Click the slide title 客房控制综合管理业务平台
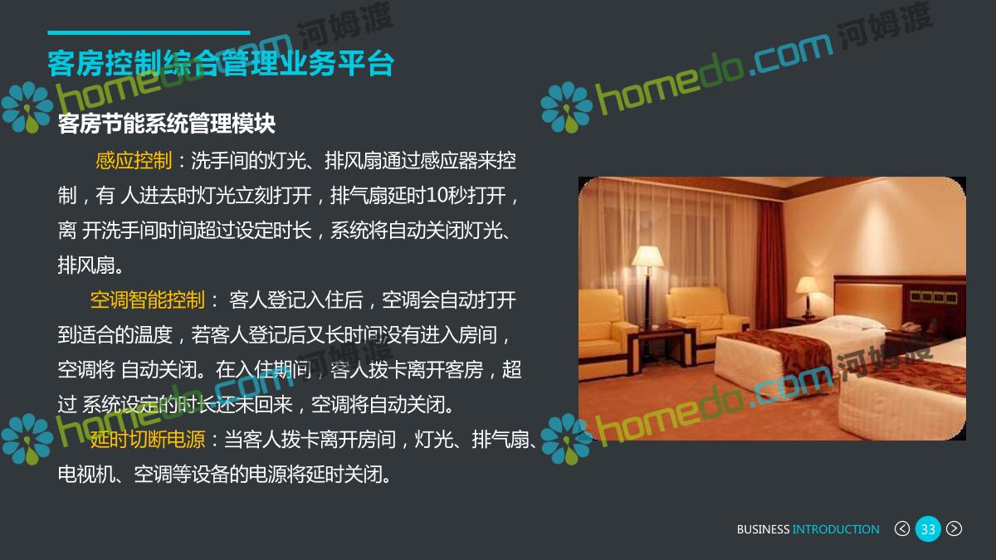[221, 64]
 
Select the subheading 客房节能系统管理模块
[167, 124]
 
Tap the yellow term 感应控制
[134, 160]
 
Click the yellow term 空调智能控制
[147, 300]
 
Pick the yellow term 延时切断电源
[147, 440]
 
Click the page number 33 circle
[928, 529]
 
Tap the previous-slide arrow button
[901, 529]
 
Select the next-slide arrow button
[954, 529]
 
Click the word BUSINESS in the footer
[763, 529]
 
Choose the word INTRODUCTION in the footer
[836, 529]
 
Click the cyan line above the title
[149, 32]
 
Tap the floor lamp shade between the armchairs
[647, 256]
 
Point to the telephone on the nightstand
[911, 328]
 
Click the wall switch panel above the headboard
[934, 297]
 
